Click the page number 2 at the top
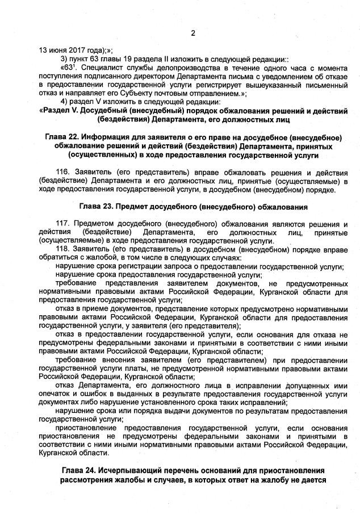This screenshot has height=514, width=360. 192,33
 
